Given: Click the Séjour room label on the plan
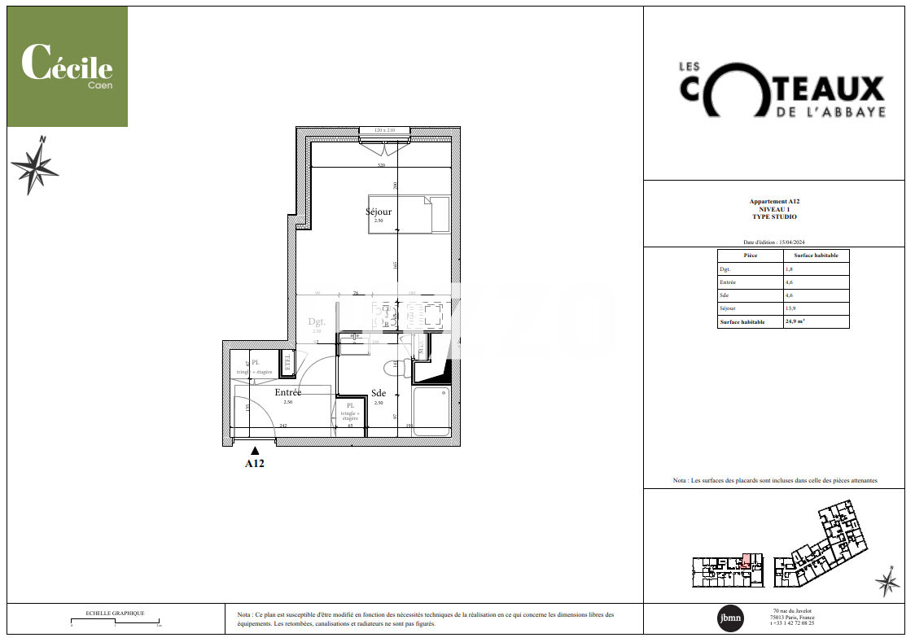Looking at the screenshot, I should point(378,212).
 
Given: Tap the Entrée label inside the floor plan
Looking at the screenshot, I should point(287,392).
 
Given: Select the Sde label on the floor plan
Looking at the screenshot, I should point(378,394).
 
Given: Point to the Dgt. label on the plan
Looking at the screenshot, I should point(317,322).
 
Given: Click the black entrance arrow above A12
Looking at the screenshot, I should point(255,450).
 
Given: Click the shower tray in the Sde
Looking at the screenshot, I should point(431,411).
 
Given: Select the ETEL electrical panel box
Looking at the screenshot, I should point(287,362).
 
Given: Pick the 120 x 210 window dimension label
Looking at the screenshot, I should point(384,130).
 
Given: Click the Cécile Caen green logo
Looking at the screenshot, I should point(68,67).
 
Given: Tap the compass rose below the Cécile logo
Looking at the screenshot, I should point(35,167).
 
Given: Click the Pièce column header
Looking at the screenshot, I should point(750,255).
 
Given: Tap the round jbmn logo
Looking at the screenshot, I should point(729,618).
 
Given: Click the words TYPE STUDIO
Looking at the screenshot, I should point(773,217).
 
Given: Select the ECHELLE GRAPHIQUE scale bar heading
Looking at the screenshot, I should point(115,613).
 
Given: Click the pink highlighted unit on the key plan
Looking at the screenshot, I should point(746,561).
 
